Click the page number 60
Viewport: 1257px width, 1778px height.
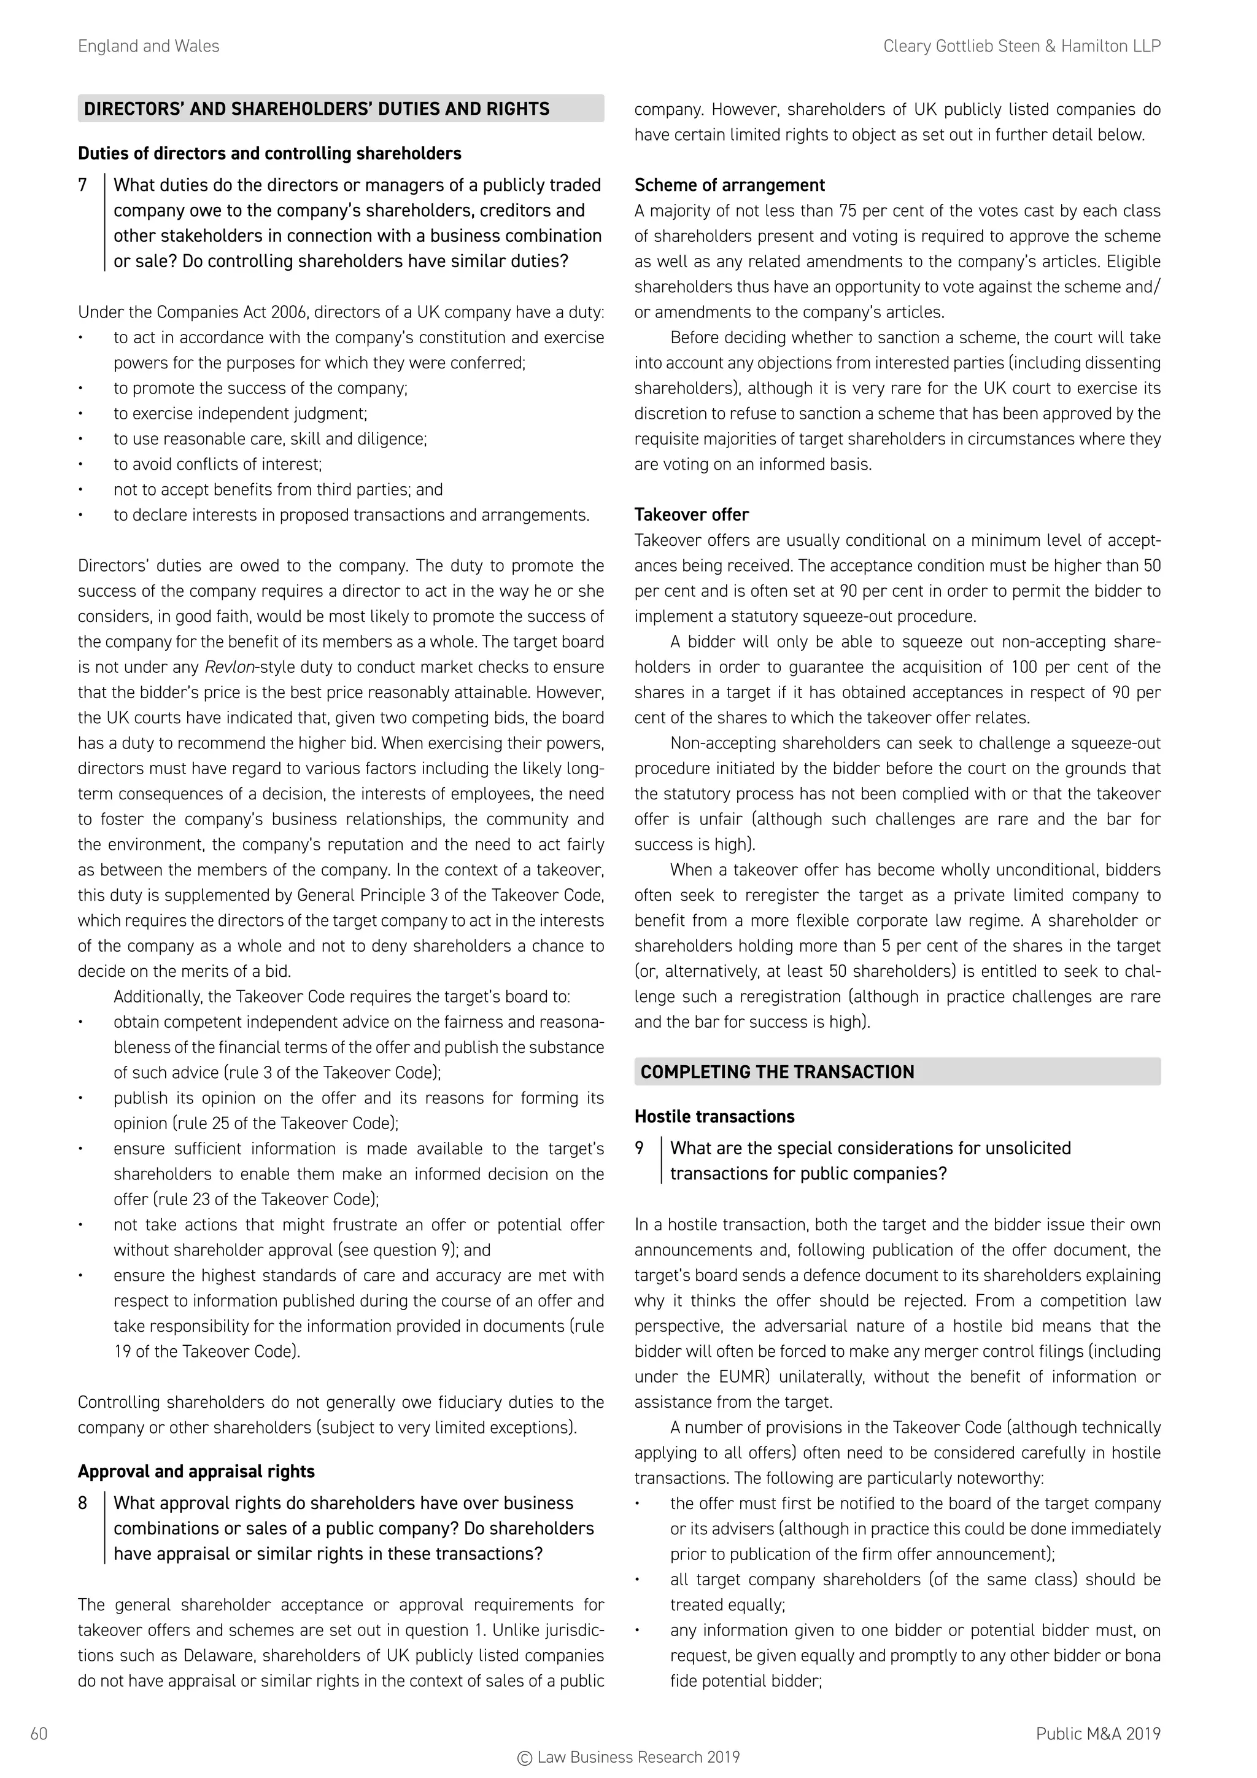click(39, 1733)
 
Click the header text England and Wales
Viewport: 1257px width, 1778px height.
click(149, 47)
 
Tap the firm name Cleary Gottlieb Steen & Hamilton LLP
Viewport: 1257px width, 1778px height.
click(1022, 47)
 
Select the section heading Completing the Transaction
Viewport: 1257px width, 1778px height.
click(777, 1072)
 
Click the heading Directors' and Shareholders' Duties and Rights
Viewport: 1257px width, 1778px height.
click(317, 109)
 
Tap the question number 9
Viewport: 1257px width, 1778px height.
click(640, 1149)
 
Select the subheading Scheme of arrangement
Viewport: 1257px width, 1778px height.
click(729, 185)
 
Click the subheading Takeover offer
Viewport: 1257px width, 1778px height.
click(691, 515)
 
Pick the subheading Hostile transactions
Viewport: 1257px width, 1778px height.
click(714, 1117)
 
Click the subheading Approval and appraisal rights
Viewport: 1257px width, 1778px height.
click(196, 1472)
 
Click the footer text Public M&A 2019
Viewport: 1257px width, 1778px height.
click(1097, 1733)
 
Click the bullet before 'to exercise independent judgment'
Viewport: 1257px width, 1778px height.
click(80, 414)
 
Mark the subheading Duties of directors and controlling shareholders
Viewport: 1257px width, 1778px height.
click(269, 153)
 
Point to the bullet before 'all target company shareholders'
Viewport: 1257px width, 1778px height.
click(636, 1580)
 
